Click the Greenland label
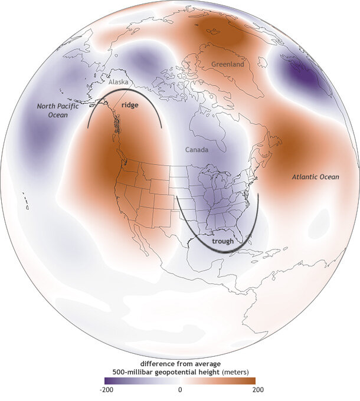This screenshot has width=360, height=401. pos(227,65)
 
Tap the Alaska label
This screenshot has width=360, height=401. pos(117,83)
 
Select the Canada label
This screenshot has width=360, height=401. pos(197,150)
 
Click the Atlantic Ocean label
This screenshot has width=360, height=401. pos(316,176)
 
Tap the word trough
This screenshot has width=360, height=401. pos(224,241)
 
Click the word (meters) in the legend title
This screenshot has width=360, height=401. pos(235,371)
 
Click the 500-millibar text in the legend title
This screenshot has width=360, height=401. pos(128,371)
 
